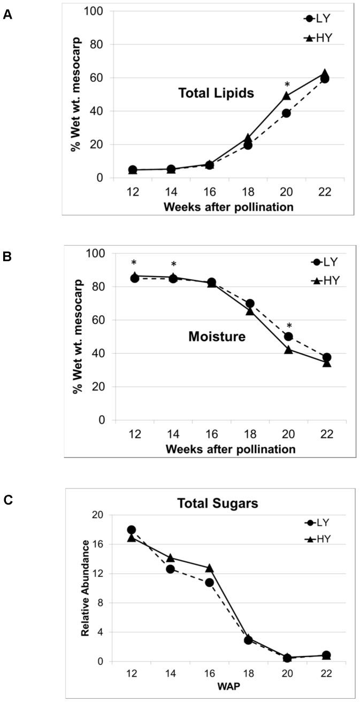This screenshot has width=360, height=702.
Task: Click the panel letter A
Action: point(7,16)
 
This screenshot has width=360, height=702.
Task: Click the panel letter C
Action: point(7,501)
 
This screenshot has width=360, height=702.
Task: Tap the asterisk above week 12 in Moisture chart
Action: point(134,263)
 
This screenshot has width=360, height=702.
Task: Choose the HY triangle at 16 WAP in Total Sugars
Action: point(209,568)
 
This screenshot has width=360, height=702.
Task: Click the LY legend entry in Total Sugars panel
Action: point(318,522)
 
